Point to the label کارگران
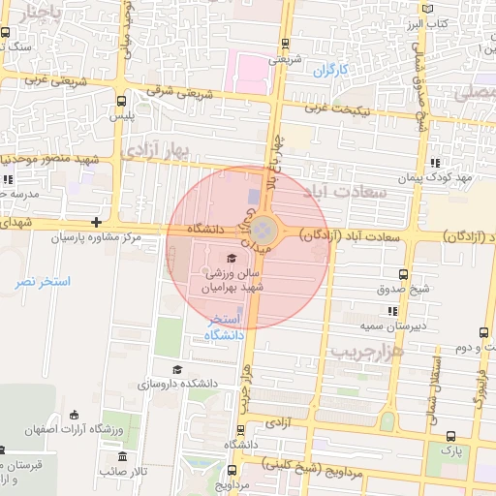click(329, 70)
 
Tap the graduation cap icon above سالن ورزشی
click(231, 258)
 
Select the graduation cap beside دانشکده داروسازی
click(176, 369)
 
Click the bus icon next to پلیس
click(120, 100)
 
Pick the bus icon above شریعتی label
click(285, 43)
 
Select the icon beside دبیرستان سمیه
click(392, 311)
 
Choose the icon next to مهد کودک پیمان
click(437, 163)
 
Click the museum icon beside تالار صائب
click(122, 456)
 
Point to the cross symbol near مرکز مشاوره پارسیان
click(96, 222)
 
